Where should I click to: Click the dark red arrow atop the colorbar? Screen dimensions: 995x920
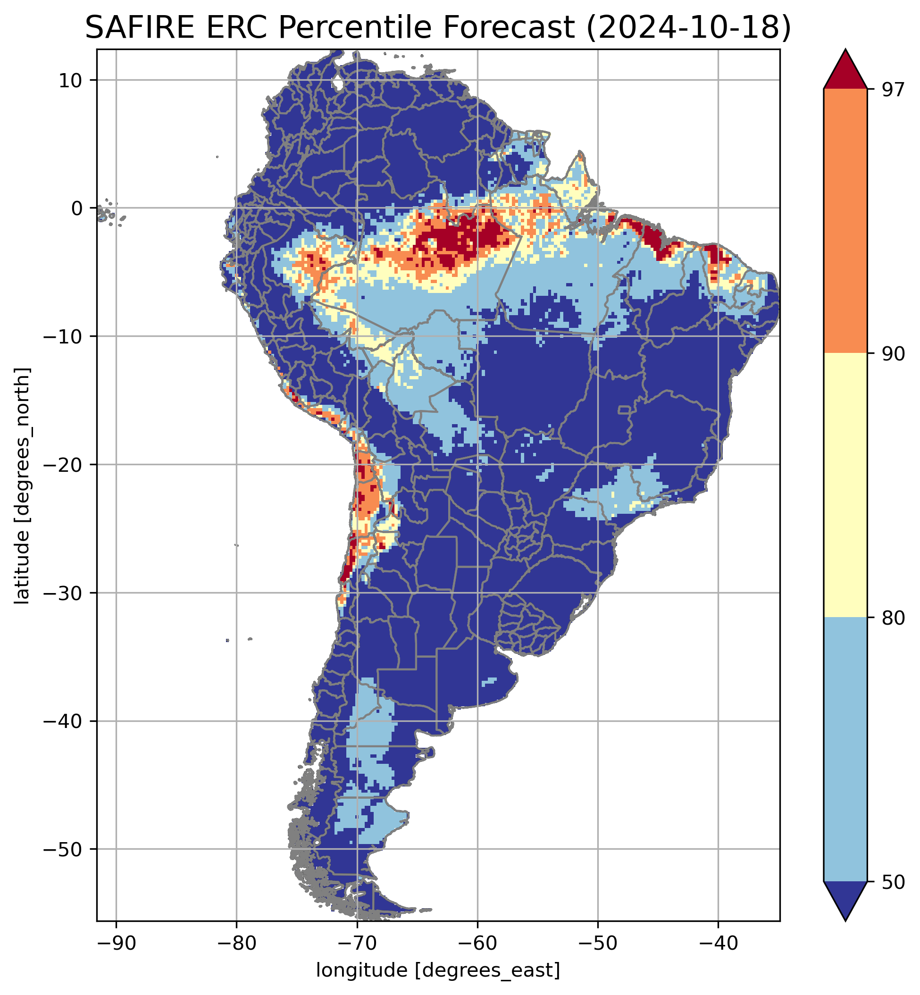(845, 72)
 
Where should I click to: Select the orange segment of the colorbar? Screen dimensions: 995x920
(845, 221)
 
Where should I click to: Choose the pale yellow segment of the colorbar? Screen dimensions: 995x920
(845, 486)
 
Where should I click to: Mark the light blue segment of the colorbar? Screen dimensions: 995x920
(845, 749)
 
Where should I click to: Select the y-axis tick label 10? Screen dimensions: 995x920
(71, 80)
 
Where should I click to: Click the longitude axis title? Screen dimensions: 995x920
(438, 970)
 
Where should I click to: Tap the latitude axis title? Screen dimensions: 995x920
(22, 486)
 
